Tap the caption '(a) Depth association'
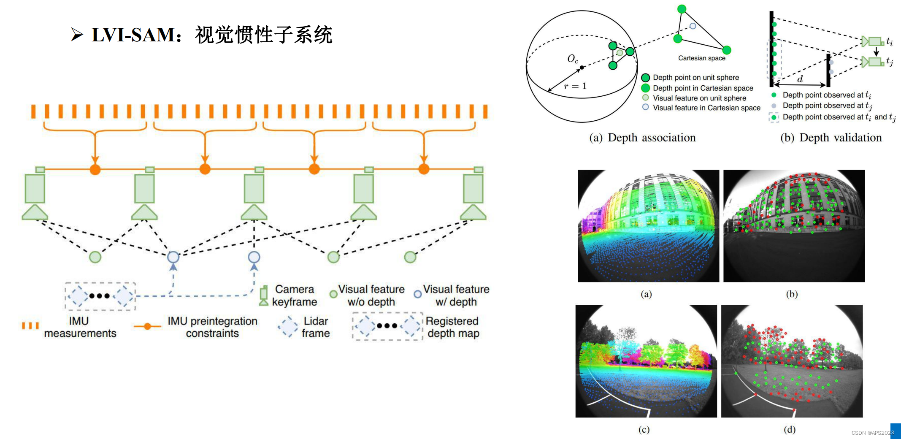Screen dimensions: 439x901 642,138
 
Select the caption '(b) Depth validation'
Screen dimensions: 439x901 831,138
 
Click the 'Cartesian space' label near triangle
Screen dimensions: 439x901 701,58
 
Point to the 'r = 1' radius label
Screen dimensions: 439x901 575,86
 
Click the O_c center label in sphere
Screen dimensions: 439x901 572,59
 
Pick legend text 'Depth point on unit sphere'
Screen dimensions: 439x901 695,78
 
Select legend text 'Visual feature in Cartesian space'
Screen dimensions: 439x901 706,108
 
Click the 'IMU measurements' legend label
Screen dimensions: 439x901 80,327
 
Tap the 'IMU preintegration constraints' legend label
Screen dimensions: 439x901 212,327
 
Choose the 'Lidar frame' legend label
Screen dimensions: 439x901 315,327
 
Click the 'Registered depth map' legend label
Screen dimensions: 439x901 452,327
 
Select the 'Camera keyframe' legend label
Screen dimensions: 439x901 294,295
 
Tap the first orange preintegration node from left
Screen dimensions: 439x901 95,170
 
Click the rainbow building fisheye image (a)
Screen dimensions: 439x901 648,226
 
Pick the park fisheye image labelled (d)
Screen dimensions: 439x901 791,361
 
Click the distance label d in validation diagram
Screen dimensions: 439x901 800,79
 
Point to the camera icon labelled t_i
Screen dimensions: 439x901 873,41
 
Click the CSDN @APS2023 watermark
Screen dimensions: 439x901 872,433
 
